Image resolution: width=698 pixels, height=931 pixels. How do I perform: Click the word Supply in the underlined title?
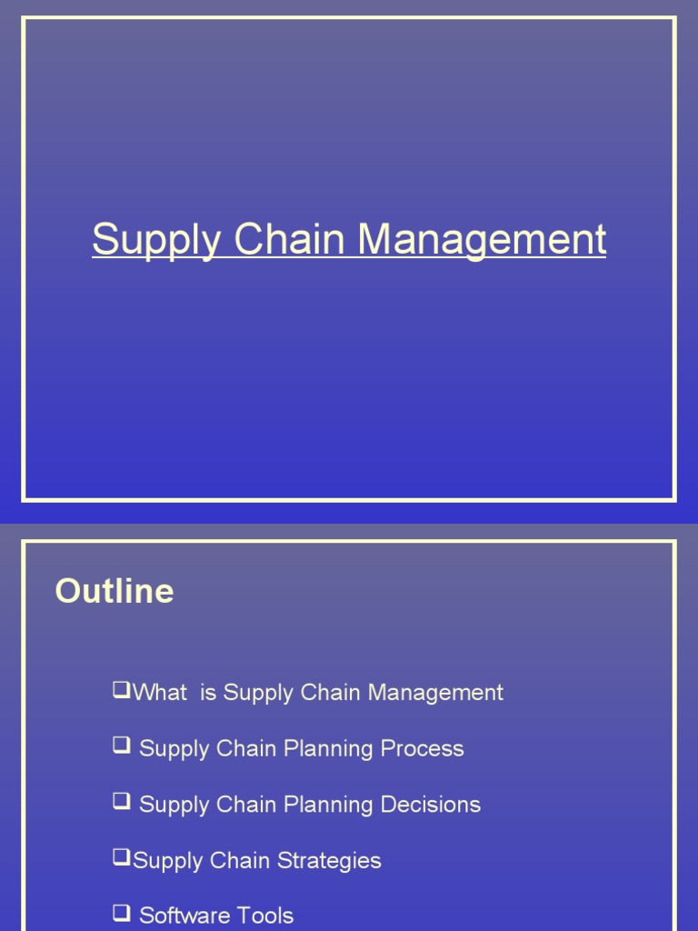pyautogui.click(x=156, y=240)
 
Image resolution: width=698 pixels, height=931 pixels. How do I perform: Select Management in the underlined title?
pyautogui.click(x=482, y=240)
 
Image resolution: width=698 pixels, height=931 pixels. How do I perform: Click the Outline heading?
pyautogui.click(x=115, y=591)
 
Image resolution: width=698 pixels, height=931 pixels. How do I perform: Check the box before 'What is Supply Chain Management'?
pyautogui.click(x=122, y=691)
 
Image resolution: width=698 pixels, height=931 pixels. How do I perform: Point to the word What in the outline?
pyautogui.click(x=160, y=693)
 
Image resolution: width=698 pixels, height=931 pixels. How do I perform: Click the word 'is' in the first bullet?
pyautogui.click(x=208, y=693)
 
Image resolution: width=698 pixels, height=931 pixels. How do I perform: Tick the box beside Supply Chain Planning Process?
pyautogui.click(x=122, y=746)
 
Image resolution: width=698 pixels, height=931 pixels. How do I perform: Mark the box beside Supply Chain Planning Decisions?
pyautogui.click(x=122, y=802)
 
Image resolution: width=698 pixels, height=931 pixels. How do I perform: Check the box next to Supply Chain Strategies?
pyautogui.click(x=122, y=858)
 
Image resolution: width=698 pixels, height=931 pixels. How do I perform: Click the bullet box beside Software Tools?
pyautogui.click(x=122, y=914)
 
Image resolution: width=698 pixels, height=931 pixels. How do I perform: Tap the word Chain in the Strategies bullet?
pyautogui.click(x=240, y=861)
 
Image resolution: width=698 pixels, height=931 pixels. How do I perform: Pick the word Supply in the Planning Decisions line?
pyautogui.click(x=174, y=806)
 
